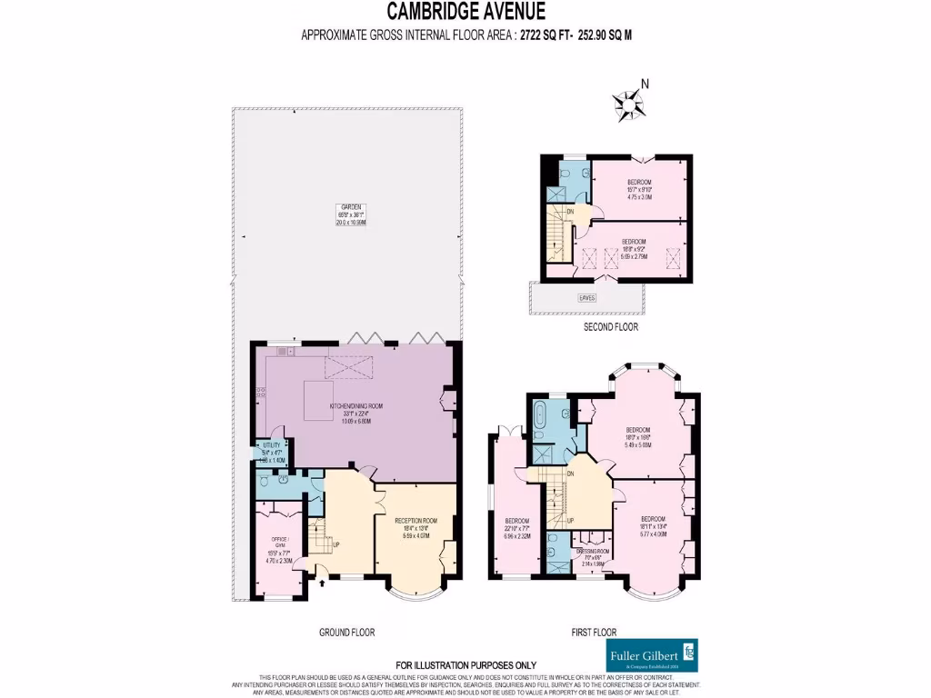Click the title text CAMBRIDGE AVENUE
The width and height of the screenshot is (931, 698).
click(466, 12)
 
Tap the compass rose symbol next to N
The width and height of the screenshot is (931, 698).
click(627, 106)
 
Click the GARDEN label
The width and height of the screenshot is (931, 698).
click(350, 214)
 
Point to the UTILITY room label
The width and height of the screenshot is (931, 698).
click(273, 450)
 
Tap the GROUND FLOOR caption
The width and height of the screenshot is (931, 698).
click(346, 632)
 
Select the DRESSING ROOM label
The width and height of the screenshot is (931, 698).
click(593, 556)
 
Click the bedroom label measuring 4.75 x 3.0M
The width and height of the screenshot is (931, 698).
click(639, 188)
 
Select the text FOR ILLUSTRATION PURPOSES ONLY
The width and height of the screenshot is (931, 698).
click(465, 664)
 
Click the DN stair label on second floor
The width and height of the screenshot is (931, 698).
click(570, 212)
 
